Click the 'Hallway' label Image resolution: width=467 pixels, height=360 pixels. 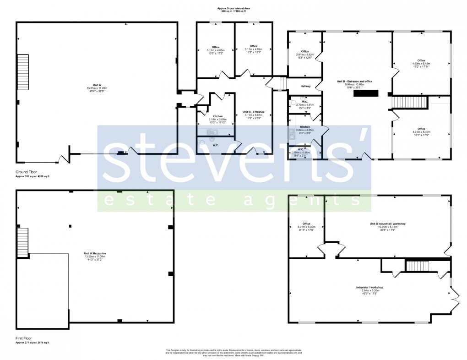coord(305,86)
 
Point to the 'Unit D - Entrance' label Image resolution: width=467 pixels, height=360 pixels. coord(253,112)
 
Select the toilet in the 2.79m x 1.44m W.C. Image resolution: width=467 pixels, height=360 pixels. coord(293,104)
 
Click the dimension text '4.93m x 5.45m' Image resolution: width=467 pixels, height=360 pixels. coord(421,64)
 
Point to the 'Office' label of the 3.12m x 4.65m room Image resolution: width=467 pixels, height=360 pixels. coord(216,47)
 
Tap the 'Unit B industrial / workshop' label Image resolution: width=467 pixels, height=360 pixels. coord(387,224)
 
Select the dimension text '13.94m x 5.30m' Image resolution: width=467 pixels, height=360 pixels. coord(369,291)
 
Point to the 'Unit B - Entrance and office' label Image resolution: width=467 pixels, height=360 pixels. coord(354,81)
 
